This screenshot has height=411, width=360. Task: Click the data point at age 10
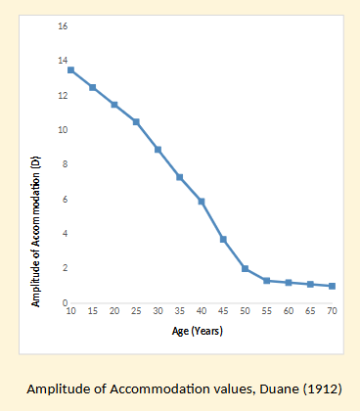pos(70,69)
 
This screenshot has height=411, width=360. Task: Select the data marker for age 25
pos(136,121)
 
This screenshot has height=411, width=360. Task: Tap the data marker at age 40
pos(202,201)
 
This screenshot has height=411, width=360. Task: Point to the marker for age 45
pos(223,239)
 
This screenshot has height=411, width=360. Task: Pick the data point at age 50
pos(245,268)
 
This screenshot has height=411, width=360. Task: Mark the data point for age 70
pos(332,286)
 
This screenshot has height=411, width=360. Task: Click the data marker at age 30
pos(157,149)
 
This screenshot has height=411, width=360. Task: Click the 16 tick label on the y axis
pos(62,26)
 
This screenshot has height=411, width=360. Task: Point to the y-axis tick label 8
pos(63,164)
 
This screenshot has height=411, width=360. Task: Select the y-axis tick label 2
pos(63,268)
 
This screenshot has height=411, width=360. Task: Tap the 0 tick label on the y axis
pos(63,302)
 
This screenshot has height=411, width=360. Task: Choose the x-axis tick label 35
pos(180,312)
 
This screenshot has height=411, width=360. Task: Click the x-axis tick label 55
pos(267,312)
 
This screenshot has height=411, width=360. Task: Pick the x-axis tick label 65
pos(310,312)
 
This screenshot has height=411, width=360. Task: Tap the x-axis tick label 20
pos(114,312)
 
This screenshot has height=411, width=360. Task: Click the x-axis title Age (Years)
pos(201,331)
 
